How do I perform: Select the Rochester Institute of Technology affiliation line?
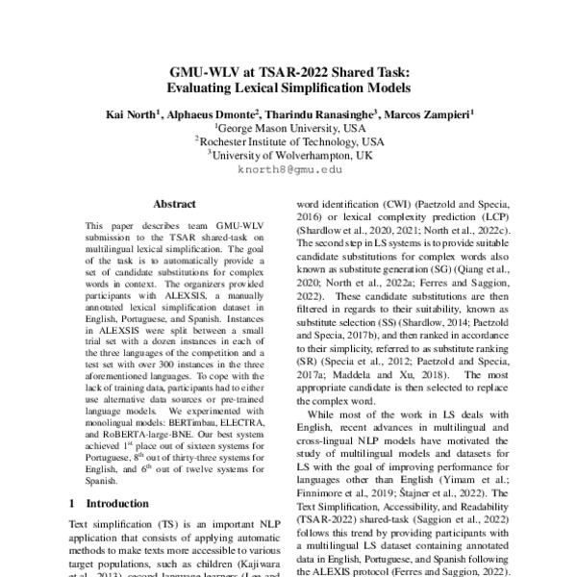(x=288, y=141)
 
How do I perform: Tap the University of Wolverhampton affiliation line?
(x=288, y=155)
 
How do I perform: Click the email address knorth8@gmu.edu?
(x=288, y=168)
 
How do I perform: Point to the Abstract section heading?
(x=174, y=204)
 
